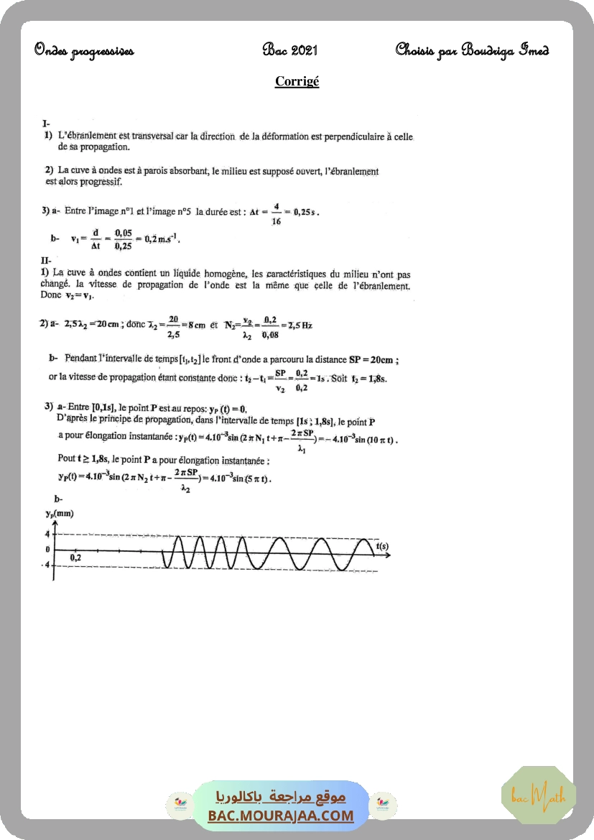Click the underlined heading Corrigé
click(297, 81)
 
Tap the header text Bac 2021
click(290, 50)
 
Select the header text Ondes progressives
click(83, 50)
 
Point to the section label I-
click(46, 124)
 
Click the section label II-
click(47, 261)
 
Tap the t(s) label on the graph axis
click(381, 546)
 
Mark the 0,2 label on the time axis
click(75, 558)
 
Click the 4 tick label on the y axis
click(47, 534)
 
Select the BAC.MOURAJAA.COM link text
click(281, 816)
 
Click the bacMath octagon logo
click(538, 794)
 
